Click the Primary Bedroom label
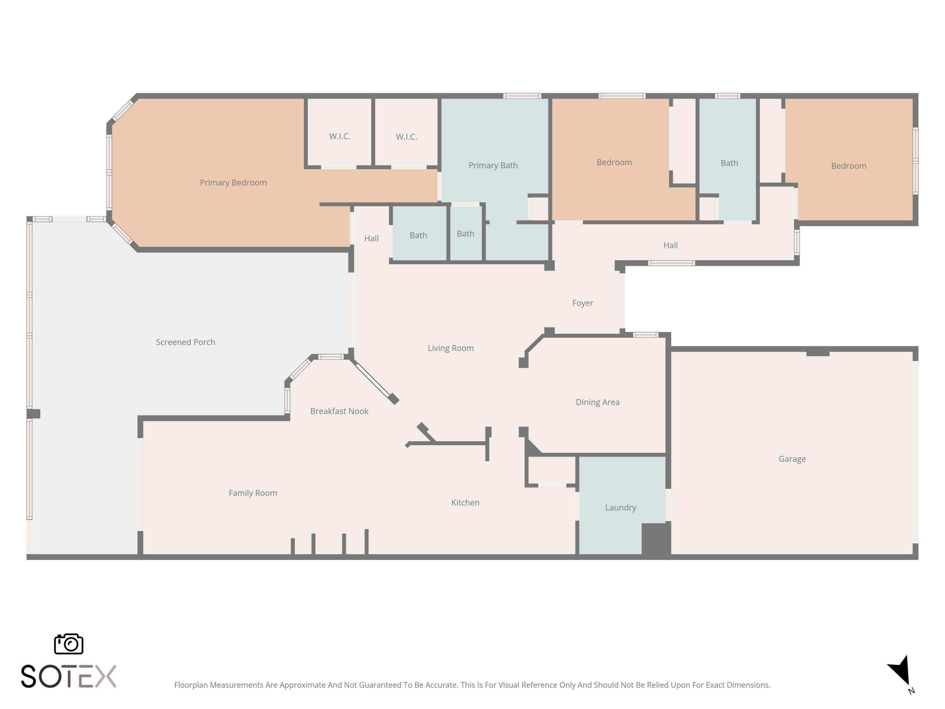coord(233,182)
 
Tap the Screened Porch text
coord(186,342)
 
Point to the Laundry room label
coord(620,507)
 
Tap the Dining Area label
coord(597,402)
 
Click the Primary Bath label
coord(493,165)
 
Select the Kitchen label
coord(465,502)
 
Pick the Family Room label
coord(253,493)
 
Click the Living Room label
coord(451,348)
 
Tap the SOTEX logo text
coord(68,676)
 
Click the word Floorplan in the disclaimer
coord(191,685)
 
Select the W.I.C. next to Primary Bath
coord(406,137)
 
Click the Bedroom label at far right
coord(848,166)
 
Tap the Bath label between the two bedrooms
coord(729,163)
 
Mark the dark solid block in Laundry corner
coord(655,539)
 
